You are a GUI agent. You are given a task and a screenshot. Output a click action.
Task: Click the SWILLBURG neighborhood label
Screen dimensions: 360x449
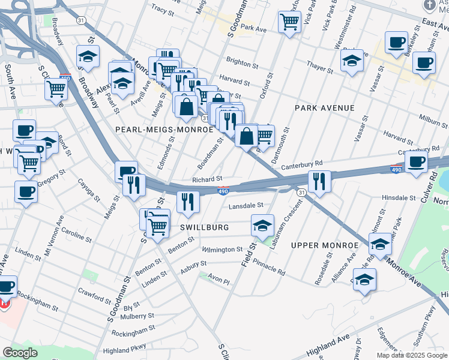[x=204, y=228]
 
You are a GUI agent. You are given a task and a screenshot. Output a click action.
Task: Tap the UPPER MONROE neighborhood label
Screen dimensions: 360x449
[x=320, y=245]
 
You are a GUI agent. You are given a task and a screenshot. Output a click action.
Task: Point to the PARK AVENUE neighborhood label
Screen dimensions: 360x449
[x=325, y=108]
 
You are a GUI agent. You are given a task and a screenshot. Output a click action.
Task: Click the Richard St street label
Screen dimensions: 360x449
[x=207, y=179]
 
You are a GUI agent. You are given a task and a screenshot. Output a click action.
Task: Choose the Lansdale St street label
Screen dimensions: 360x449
[x=246, y=205]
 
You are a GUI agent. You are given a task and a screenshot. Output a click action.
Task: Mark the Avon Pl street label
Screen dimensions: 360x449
[x=218, y=278]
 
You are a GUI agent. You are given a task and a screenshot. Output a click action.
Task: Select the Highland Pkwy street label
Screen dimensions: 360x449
[x=124, y=351]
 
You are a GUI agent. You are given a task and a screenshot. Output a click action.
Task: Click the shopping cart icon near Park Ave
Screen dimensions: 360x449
[x=289, y=22]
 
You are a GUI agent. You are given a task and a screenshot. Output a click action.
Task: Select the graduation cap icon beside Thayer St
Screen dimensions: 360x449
[x=352, y=59]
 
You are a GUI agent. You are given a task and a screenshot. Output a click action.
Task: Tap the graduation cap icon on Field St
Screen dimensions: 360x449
[x=262, y=226]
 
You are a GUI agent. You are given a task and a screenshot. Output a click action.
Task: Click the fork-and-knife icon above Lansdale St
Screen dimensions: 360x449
[x=319, y=181]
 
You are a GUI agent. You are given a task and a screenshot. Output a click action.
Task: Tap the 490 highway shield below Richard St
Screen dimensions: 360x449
[x=223, y=191]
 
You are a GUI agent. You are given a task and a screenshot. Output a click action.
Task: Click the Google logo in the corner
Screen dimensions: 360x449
[x=20, y=353]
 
